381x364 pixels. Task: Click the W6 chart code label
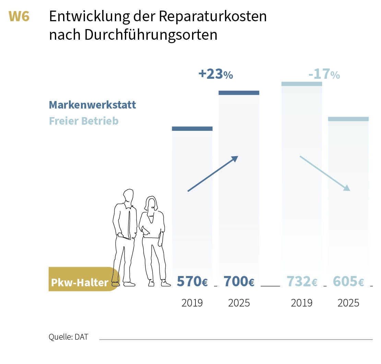19,16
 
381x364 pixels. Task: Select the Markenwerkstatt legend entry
92,105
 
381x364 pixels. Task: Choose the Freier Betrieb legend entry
84,121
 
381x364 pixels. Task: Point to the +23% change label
215,74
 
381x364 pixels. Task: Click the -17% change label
324,74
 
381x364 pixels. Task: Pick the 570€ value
192,281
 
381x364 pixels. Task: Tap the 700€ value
239,281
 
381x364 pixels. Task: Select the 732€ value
302,281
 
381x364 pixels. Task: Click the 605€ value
348,281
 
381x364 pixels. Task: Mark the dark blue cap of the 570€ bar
192,129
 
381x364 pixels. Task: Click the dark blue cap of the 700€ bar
239,93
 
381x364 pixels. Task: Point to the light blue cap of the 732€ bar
302,84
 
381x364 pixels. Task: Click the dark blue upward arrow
213,174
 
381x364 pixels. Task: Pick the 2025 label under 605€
348,303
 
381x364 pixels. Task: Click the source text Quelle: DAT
68,337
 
